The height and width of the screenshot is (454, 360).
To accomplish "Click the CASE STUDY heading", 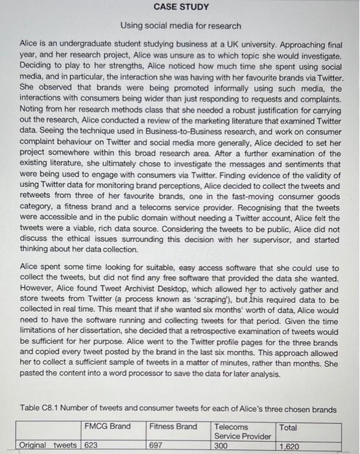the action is (181, 7).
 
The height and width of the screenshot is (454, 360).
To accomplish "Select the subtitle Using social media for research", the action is (181, 26).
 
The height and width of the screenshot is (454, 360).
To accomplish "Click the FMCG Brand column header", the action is (107, 427).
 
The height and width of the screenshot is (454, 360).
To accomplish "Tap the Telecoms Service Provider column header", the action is (242, 431).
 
